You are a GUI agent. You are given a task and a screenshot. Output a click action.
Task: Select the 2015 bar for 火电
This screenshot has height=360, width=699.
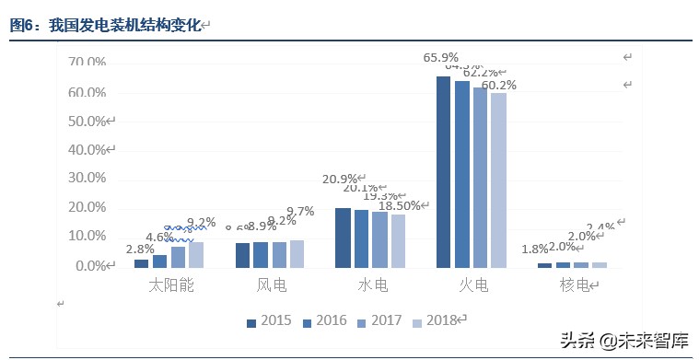444,172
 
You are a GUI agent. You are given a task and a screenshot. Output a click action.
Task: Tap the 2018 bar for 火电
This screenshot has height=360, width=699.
498,180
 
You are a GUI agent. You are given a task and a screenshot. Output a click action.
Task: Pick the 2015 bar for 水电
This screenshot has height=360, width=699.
343,238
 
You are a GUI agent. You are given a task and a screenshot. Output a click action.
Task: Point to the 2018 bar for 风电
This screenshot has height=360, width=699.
297,254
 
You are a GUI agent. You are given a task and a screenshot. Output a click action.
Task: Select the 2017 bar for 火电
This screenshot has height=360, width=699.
480,178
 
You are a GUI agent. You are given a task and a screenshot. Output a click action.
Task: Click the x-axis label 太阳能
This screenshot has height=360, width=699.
172,286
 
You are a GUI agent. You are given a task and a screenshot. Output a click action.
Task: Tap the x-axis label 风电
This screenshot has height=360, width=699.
271,286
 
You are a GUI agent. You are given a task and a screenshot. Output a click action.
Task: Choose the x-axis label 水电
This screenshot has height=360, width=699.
372,286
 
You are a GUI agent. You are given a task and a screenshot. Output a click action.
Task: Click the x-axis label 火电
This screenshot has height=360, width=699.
472,286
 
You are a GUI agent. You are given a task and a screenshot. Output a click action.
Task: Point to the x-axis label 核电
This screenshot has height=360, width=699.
574,286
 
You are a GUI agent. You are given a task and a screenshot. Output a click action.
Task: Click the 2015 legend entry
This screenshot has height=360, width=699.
269,321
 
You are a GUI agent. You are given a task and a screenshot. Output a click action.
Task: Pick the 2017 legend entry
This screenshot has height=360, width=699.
379,321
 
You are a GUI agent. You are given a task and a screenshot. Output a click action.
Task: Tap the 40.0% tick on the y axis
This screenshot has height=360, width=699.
87,150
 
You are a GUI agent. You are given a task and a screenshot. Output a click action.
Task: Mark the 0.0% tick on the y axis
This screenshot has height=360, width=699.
90,266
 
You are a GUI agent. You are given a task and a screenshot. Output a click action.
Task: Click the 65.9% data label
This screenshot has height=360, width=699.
441,57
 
